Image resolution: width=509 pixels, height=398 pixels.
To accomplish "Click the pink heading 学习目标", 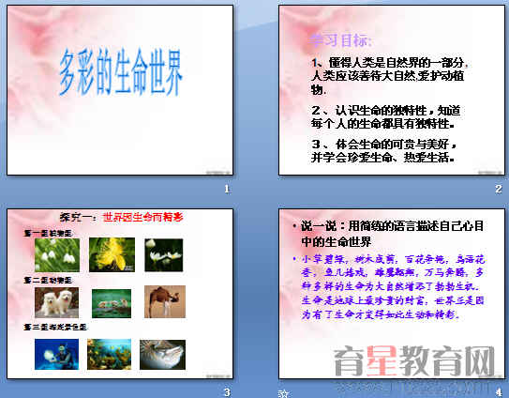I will [x=341, y=40].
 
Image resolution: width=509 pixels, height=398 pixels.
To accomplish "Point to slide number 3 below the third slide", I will [x=226, y=391].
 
